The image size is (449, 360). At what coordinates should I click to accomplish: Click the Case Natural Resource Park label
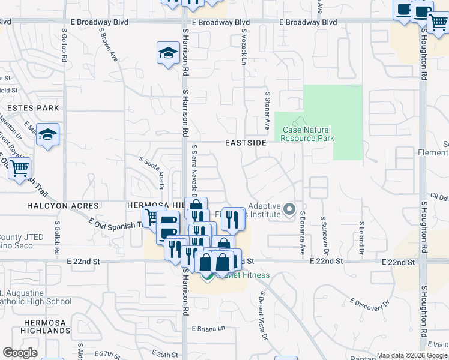tap(308, 134)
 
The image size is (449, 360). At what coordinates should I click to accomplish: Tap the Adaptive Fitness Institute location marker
tap(290, 209)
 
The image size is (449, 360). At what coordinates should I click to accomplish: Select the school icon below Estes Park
tap(47, 136)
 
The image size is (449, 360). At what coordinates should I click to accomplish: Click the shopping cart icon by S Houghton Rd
tap(438, 23)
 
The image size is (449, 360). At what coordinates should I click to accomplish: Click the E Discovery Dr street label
tap(368, 305)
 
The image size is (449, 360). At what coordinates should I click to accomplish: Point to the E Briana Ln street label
tap(208, 329)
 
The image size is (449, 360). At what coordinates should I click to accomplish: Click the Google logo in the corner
tap(20, 353)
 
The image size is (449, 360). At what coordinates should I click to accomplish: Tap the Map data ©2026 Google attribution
tap(411, 355)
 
